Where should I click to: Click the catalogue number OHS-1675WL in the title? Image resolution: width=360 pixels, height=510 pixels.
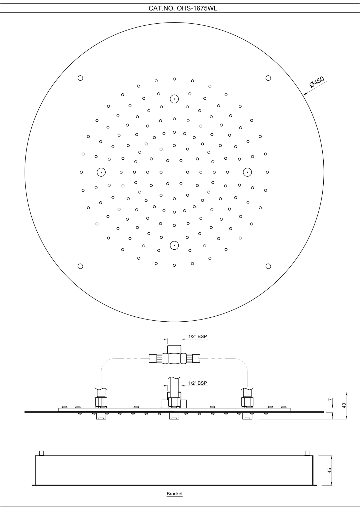point(197,8)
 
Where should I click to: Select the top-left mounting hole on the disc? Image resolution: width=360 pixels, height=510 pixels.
point(80,78)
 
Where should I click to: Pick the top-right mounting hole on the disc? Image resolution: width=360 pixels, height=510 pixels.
point(268,78)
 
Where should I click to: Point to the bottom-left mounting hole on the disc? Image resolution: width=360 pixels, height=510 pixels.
point(80,266)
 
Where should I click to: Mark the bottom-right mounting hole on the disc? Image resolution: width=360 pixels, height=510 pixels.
point(268,266)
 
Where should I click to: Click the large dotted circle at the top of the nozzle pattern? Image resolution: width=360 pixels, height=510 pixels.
point(174,99)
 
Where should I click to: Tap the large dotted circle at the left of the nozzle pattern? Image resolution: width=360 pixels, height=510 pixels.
point(101,172)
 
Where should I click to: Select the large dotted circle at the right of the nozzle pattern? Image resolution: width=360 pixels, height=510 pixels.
point(247,172)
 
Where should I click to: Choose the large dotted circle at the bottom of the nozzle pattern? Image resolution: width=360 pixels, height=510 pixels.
point(174,245)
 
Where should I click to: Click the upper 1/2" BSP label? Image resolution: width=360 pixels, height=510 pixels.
point(198,336)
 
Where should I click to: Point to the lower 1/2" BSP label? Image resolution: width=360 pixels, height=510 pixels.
point(198,383)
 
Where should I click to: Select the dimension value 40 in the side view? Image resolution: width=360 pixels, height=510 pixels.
point(344,405)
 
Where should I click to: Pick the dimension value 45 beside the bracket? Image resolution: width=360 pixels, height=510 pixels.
point(329,470)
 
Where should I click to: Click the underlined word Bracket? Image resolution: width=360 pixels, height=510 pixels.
point(174,494)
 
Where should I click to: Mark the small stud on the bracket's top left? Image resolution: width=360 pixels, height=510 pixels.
point(41,453)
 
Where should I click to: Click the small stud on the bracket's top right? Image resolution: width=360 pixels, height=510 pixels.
point(307,453)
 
